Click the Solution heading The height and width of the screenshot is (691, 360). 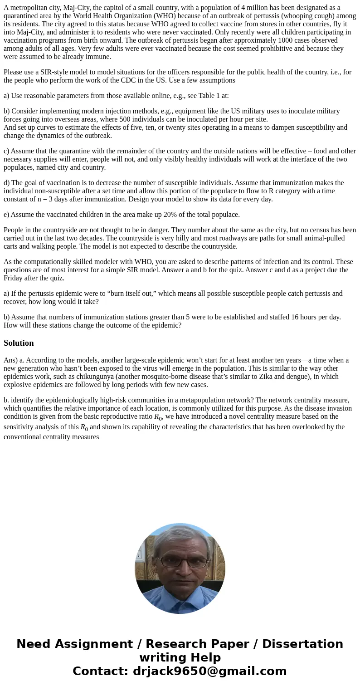click(19, 343)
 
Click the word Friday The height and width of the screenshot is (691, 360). click(14, 278)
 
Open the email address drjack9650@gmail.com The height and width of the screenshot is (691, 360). click(209, 671)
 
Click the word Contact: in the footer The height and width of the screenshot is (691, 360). click(101, 671)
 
